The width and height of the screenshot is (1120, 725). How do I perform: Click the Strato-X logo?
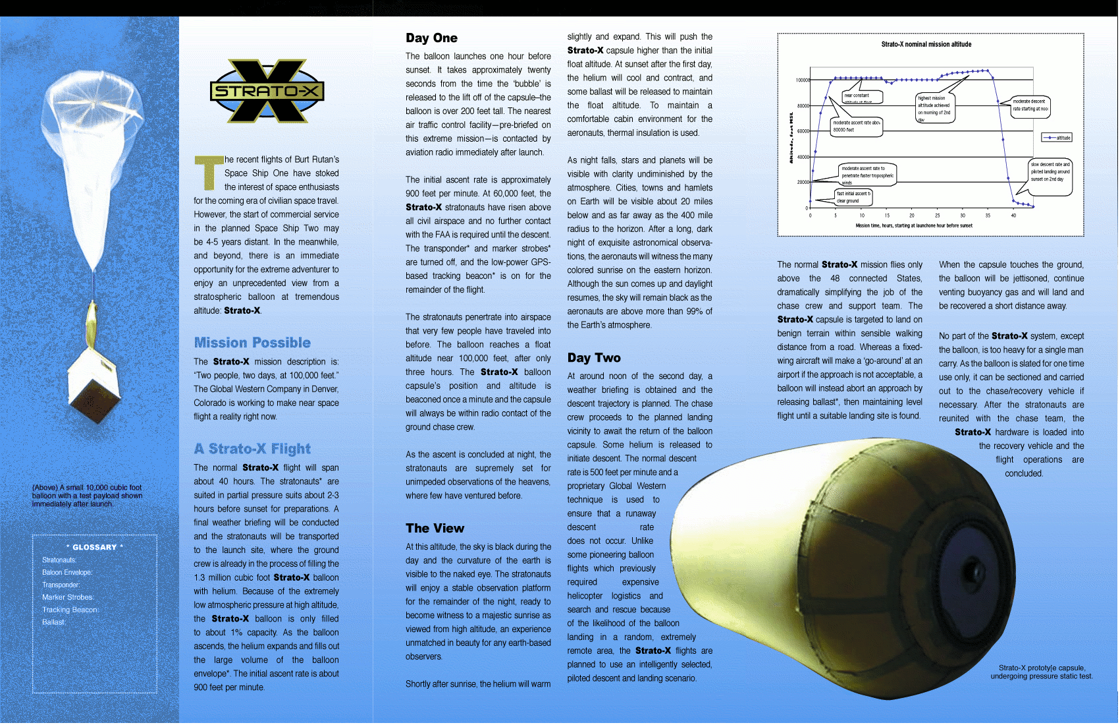(x=267, y=91)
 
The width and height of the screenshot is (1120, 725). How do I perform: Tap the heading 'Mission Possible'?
(x=252, y=343)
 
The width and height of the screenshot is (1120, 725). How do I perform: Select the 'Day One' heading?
(x=431, y=38)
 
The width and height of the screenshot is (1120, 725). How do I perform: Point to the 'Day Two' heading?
(x=594, y=358)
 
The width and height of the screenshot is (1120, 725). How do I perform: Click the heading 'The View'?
(x=435, y=528)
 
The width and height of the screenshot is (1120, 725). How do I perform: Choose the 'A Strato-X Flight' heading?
(x=252, y=449)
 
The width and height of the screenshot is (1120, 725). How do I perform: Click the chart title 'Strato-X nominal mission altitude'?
(x=926, y=44)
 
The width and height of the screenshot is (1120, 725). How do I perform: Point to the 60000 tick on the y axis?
(x=802, y=131)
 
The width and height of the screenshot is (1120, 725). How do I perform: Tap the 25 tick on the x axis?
(x=937, y=216)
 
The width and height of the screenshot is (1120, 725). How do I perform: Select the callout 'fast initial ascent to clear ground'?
(x=853, y=197)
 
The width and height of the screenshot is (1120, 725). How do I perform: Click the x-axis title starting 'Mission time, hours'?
(x=914, y=225)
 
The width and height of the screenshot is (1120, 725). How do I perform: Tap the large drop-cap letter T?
(x=208, y=172)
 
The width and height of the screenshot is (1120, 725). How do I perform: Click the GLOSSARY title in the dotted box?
(x=94, y=547)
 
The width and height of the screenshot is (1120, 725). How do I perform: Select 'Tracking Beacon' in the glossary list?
(x=70, y=610)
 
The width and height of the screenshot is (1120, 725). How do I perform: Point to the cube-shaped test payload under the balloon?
(x=97, y=389)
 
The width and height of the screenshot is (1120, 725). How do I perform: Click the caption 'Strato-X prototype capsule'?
(x=1042, y=672)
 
